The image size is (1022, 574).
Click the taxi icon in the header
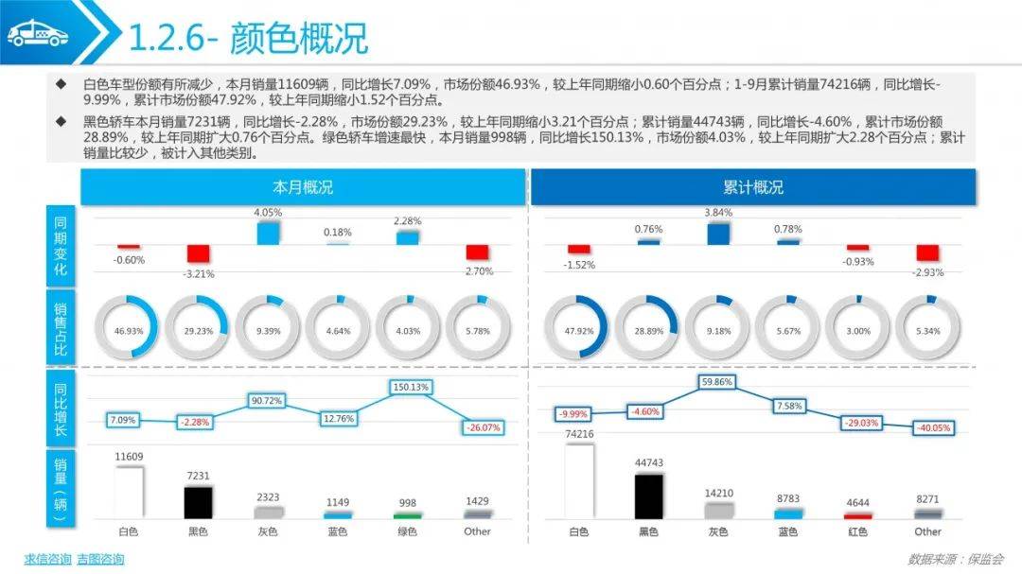click(39, 35)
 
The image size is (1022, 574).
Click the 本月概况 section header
click(303, 187)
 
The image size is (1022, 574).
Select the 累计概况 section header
click(752, 187)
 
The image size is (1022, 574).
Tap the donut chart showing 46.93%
click(129, 331)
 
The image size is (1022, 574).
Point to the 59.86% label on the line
click(718, 382)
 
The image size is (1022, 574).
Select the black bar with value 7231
click(198, 502)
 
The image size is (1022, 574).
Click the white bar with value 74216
click(578, 481)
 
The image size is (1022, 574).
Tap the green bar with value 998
click(408, 515)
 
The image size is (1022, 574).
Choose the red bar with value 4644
click(858, 515)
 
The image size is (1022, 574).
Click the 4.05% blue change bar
click(268, 234)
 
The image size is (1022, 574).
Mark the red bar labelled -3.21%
click(198, 253)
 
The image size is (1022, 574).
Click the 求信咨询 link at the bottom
click(47, 559)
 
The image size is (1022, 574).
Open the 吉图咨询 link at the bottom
click(100, 559)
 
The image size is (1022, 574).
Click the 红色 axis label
click(858, 531)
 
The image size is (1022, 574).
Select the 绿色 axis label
click(408, 531)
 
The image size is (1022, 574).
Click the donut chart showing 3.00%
click(858, 331)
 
